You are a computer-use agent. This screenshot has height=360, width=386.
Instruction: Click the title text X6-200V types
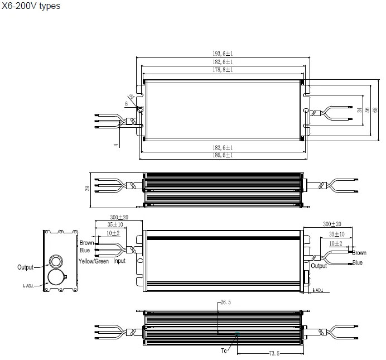click(31, 6)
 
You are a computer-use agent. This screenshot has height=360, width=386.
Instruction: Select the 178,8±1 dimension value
click(223, 70)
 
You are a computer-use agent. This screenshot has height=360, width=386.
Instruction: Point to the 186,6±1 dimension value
click(223, 155)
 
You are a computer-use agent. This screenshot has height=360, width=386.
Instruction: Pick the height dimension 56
click(366, 110)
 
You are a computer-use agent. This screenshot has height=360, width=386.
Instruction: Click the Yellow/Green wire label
click(94, 261)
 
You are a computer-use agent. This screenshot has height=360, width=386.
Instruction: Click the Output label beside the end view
click(25, 267)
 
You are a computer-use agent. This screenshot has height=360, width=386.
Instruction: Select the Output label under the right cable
click(319, 266)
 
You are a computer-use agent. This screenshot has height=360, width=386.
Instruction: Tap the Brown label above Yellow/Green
click(87, 243)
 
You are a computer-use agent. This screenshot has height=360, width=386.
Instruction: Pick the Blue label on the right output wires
click(358, 262)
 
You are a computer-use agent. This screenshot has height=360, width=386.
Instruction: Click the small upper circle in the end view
click(57, 261)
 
